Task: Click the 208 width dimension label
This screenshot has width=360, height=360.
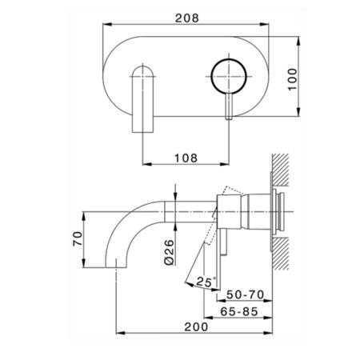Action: (x=187, y=18)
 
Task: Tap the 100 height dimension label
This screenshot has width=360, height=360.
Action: (x=293, y=79)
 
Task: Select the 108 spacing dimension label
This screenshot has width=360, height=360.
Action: (x=186, y=158)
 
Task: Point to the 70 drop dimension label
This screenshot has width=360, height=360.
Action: (x=78, y=238)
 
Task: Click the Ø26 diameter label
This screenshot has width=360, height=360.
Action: (x=170, y=252)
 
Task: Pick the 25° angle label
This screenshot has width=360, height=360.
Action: (x=206, y=282)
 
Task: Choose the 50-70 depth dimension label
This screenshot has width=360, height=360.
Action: (x=246, y=294)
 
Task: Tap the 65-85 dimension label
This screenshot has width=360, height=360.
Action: (x=239, y=311)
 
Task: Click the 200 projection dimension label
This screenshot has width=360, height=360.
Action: (x=196, y=327)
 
